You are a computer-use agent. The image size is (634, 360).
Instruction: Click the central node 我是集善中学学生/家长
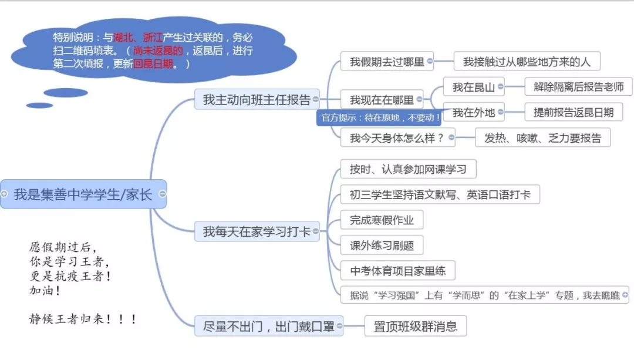(x=83, y=194)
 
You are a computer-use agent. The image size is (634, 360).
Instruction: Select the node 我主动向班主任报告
(x=257, y=99)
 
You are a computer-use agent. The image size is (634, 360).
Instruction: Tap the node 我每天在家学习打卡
(x=257, y=231)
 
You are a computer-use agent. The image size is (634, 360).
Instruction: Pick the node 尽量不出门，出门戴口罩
(x=269, y=326)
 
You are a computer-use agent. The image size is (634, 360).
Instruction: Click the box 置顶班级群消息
(x=415, y=326)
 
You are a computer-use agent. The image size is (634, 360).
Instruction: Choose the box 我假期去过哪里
(x=387, y=62)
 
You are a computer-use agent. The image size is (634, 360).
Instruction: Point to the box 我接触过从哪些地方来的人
(x=527, y=62)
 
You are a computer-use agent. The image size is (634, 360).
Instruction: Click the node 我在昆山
(x=474, y=86)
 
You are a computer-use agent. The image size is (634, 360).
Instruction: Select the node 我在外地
(x=474, y=112)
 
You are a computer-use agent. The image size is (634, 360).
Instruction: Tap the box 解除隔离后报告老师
(x=578, y=86)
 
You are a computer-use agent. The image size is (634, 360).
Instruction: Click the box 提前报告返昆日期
(x=574, y=112)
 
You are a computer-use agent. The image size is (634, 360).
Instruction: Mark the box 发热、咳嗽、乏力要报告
(x=542, y=138)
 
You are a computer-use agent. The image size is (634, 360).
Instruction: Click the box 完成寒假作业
(x=382, y=220)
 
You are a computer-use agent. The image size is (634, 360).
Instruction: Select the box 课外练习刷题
(x=382, y=245)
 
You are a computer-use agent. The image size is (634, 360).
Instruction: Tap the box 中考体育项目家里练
(x=398, y=271)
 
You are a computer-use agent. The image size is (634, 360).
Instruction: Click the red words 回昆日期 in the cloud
(x=153, y=64)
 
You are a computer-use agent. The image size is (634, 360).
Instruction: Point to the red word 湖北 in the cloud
(x=123, y=38)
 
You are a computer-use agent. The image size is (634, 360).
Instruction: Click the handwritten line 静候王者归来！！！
(x=83, y=319)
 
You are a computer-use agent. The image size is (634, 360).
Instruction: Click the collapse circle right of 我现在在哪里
(x=419, y=99)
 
